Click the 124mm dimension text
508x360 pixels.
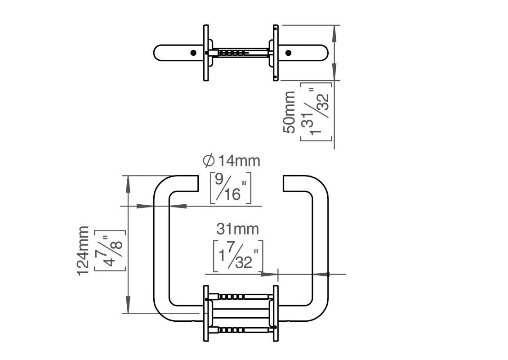coord(84,251)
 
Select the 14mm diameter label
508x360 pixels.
coord(238,161)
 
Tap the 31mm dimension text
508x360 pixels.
coord(238,229)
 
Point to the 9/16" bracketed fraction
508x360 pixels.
coord(231,187)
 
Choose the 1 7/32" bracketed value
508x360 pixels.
coord(238,256)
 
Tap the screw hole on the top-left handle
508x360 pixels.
coord(193,53)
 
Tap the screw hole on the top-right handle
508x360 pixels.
coord(288,53)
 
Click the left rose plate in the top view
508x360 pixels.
coord(206,53)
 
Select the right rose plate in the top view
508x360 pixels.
coord(275,53)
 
